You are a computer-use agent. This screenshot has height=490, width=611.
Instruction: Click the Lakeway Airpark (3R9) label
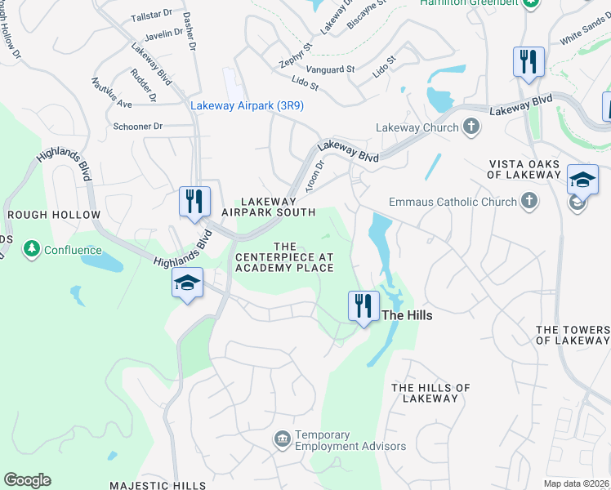[x=247, y=105]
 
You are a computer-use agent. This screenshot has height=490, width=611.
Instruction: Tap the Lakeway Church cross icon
[x=471, y=127]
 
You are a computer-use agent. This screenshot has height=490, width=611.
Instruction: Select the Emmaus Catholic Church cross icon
[x=529, y=201]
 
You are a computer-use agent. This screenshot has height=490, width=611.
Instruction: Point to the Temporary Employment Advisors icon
[x=282, y=439]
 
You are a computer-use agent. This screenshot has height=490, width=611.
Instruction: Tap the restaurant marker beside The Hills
[x=363, y=306]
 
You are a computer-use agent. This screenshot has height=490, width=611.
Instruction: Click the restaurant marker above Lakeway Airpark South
[x=195, y=202]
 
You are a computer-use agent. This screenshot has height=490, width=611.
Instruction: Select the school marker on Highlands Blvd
[x=188, y=285]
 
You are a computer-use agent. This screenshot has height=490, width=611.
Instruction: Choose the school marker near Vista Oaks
[x=582, y=182]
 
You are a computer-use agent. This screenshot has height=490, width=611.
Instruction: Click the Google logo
[x=27, y=480]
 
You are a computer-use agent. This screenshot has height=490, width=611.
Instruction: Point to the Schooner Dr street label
[x=138, y=127]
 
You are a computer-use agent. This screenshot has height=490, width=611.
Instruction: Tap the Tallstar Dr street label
[x=151, y=16]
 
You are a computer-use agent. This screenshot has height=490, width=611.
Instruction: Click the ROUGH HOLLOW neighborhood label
[x=54, y=215]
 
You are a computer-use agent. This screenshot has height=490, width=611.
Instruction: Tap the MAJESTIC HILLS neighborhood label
[x=168, y=485]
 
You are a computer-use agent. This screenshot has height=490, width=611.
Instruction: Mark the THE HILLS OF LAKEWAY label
[x=430, y=393]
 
